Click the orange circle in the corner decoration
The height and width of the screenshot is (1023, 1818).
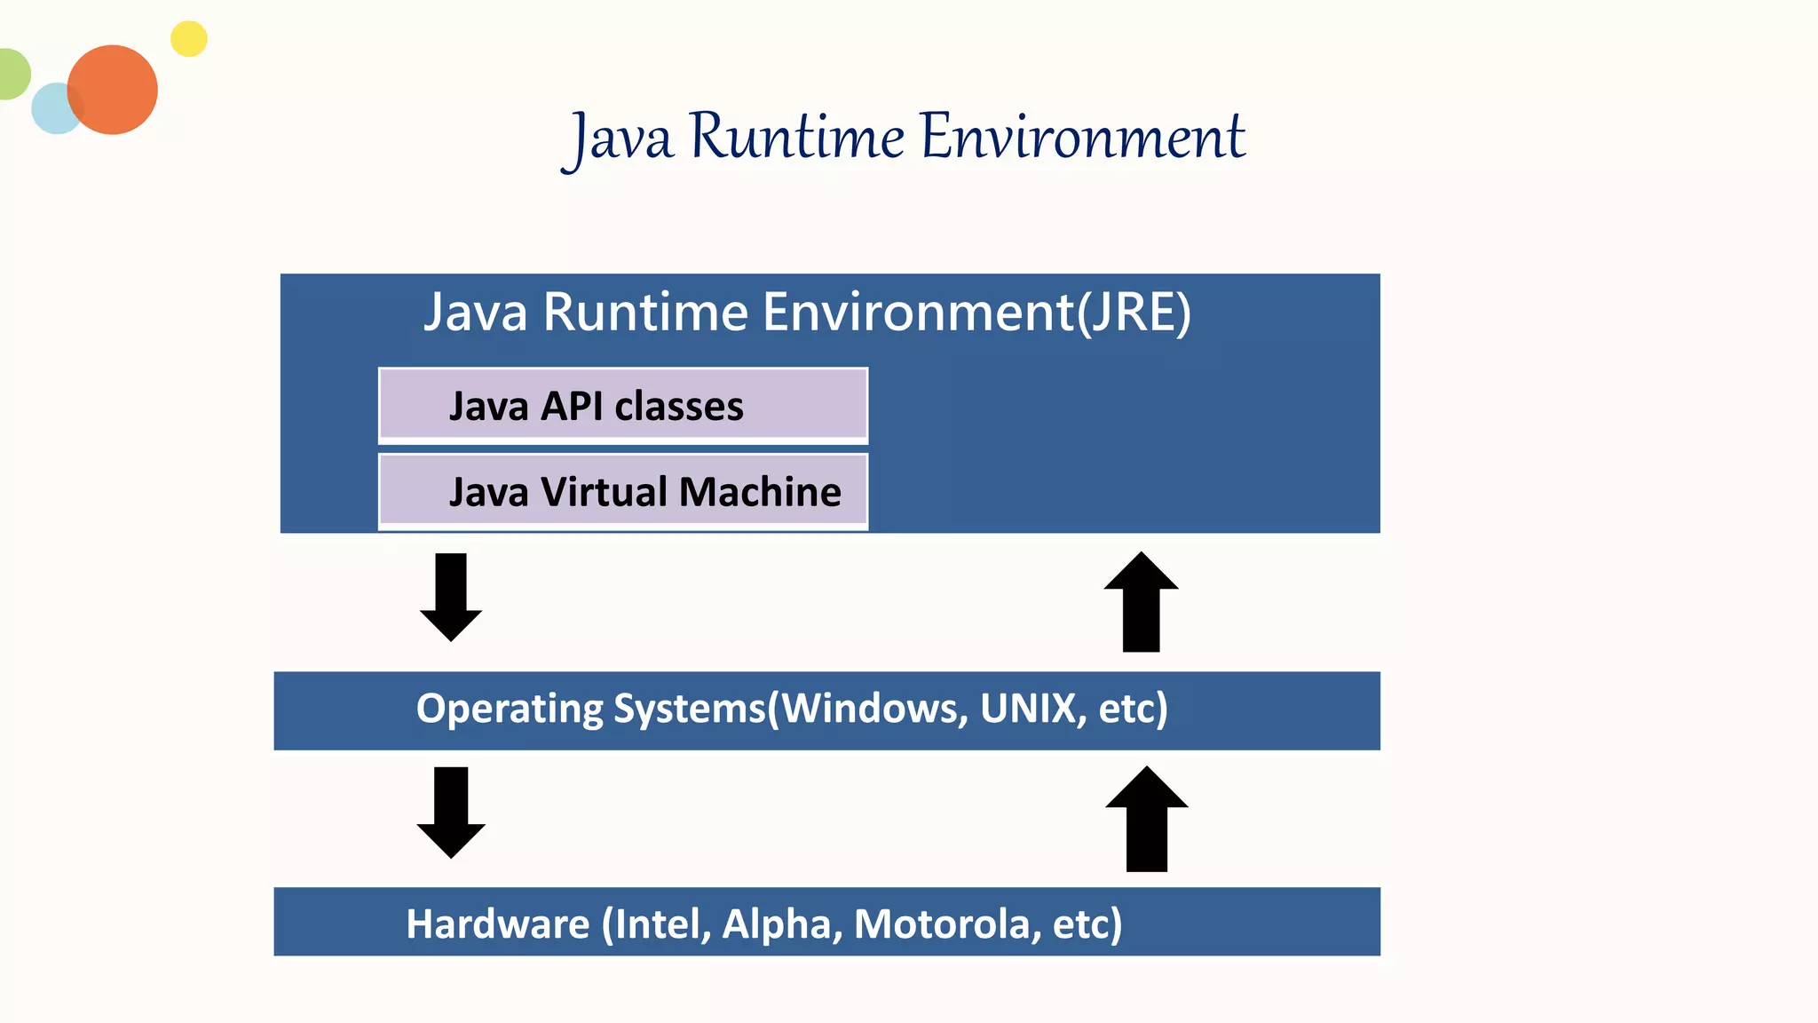point(114,90)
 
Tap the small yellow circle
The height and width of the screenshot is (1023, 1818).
point(188,39)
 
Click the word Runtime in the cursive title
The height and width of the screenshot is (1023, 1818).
point(796,139)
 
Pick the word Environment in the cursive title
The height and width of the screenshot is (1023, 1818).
point(1082,139)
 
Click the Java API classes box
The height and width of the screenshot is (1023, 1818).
point(622,406)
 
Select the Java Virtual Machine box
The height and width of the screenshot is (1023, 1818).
point(622,491)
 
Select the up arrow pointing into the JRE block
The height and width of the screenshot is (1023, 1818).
point(1141,602)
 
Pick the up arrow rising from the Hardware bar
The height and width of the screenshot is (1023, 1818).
point(1146,819)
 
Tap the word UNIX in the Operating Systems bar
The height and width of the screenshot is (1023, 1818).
point(1028,709)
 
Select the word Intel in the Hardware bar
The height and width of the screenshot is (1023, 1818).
point(659,924)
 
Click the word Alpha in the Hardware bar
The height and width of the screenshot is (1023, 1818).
point(778,924)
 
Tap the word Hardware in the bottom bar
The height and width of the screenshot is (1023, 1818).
point(497,924)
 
